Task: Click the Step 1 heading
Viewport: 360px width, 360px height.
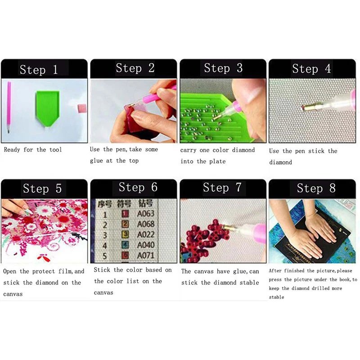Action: [39, 70]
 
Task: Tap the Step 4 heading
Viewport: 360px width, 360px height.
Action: [311, 69]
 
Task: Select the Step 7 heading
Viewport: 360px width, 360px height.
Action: [222, 188]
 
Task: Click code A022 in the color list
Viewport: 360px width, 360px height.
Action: [146, 235]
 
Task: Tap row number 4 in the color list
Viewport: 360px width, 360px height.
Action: [105, 246]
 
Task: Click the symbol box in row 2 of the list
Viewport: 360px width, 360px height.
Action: [126, 224]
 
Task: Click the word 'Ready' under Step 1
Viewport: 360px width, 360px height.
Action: [12, 150]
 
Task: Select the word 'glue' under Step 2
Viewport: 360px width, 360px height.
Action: [96, 161]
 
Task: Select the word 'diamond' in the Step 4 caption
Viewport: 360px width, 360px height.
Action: [280, 162]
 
